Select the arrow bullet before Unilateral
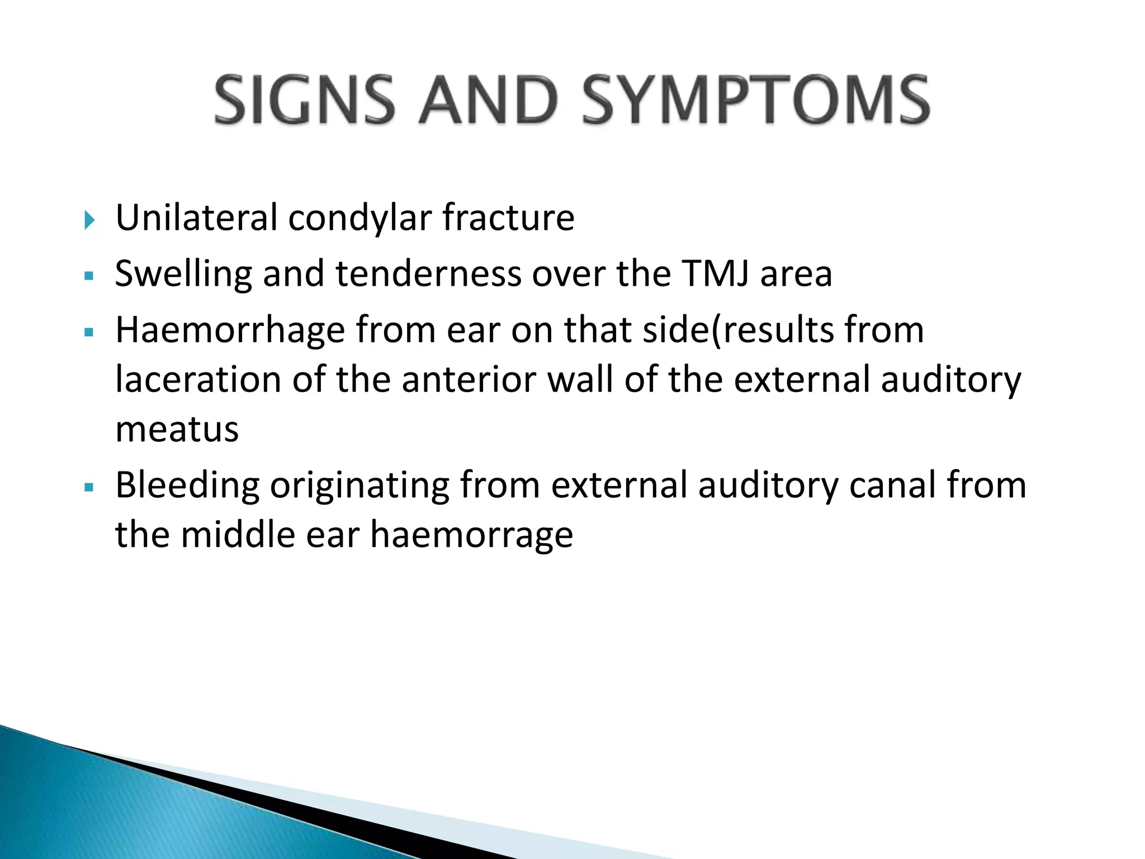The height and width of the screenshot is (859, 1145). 89,220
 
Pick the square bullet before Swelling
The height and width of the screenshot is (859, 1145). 89,276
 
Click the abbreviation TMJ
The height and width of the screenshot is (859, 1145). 715,273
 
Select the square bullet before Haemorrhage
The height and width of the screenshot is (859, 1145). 89,332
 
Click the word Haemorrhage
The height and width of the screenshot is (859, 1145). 230,330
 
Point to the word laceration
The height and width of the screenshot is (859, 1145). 198,380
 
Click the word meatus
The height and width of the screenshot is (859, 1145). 177,429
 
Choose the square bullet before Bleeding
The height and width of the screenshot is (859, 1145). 89,487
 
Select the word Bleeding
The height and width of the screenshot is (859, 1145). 187,485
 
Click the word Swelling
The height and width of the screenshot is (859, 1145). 183,274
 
